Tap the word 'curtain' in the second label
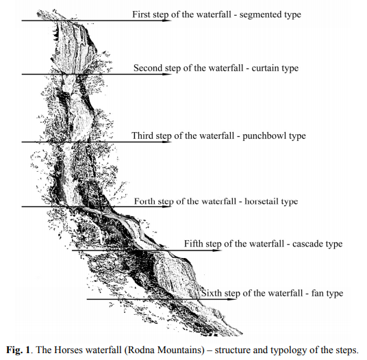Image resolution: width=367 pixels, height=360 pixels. (x=265, y=68)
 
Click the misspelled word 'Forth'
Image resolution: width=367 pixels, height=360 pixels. (x=144, y=201)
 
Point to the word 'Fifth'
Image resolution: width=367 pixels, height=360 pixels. (x=193, y=244)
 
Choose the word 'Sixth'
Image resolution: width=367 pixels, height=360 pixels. (x=212, y=293)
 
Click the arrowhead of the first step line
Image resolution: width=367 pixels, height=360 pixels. (x=167, y=21)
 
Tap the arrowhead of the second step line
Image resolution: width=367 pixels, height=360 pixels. (x=167, y=74)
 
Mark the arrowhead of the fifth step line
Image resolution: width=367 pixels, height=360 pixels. (x=217, y=250)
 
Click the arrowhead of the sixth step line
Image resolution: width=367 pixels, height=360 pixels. (x=232, y=299)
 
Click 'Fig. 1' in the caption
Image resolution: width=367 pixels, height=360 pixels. (x=18, y=350)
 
